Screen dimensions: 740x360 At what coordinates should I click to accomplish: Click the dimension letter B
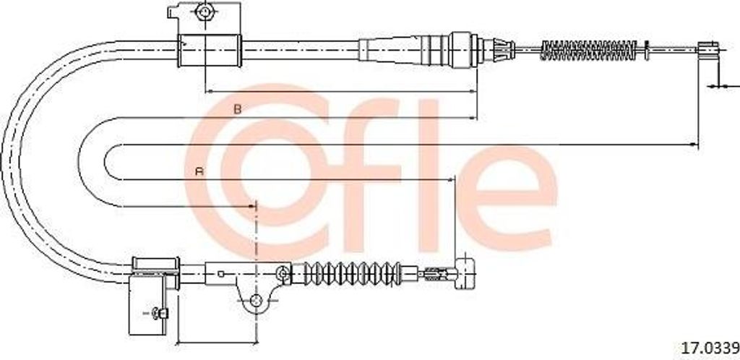click(x=238, y=109)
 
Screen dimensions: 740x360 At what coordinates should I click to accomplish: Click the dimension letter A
click(x=199, y=171)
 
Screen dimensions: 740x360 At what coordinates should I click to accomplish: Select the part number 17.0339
click(x=709, y=348)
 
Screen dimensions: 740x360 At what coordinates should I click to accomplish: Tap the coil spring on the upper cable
click(x=588, y=50)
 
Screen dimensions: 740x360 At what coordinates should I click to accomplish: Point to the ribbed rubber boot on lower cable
click(x=346, y=273)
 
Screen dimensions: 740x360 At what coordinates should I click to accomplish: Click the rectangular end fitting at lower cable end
click(x=465, y=273)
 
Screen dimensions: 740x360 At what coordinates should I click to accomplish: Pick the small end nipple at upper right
click(x=708, y=48)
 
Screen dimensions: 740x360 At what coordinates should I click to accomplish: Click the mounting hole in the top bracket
click(x=205, y=12)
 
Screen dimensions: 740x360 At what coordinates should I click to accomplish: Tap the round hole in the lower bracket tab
click(x=256, y=300)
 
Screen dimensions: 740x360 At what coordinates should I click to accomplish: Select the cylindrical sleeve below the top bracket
click(x=210, y=51)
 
